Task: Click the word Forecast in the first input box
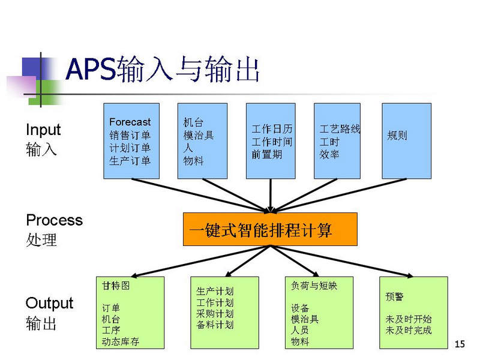pos(130,122)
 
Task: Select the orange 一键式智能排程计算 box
pos(270,229)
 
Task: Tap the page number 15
pos(460,344)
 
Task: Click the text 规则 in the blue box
pos(397,135)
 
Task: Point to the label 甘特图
pos(116,286)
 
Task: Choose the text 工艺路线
pos(340,129)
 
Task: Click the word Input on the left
pos(43,130)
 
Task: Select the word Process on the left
pos(55,220)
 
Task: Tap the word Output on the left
pos(50,304)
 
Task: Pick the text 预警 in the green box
pos(395,296)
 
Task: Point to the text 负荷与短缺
pos(314,286)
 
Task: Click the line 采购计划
pos(215,313)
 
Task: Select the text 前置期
pos(266,154)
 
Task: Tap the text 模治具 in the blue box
pos(199,135)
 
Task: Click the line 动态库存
pos(121,341)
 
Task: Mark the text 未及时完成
pos(409,330)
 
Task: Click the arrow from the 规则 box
pos(339,196)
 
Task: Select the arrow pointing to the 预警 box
pos(341,261)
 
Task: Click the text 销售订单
pos(130,135)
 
